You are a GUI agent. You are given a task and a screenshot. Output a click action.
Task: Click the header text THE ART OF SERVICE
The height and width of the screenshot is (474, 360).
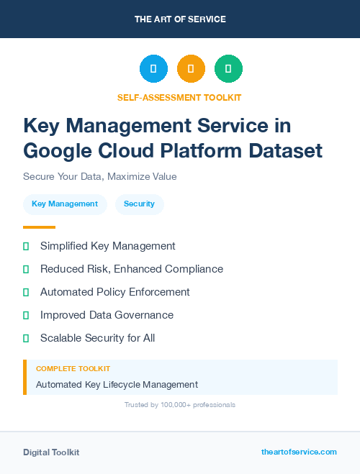tap(180, 19)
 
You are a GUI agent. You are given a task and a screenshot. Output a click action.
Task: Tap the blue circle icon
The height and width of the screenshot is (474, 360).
tap(153, 68)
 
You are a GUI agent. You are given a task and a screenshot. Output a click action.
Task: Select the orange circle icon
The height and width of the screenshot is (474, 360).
tap(191, 68)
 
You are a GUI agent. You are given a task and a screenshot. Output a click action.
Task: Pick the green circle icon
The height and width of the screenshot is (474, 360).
tap(228, 68)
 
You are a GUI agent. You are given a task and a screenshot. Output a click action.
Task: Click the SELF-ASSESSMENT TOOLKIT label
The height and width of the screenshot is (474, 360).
tap(179, 97)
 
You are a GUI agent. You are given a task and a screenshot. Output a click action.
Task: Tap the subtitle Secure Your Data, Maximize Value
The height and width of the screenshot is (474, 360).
tap(99, 176)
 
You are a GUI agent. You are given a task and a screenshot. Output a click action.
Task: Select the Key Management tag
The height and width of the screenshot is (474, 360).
tap(65, 204)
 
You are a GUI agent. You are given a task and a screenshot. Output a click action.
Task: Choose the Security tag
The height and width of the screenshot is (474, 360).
tap(139, 204)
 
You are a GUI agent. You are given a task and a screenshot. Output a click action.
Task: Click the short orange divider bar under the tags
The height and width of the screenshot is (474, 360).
tap(39, 227)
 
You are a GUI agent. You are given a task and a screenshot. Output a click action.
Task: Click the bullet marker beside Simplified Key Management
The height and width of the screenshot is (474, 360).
tap(26, 246)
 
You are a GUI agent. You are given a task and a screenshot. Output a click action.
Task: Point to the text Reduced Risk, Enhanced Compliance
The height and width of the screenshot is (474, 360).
tap(132, 269)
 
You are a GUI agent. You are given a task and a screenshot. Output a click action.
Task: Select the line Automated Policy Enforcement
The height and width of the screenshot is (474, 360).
tap(115, 292)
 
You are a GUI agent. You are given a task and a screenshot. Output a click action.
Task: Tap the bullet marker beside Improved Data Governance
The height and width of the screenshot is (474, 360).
tap(26, 315)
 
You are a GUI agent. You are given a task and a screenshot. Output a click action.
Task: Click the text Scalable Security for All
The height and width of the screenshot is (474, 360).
tap(97, 338)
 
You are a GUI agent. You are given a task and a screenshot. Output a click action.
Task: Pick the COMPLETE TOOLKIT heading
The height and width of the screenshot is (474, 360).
tap(73, 368)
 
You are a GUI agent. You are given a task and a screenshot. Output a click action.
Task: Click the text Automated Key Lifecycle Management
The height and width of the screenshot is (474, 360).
tap(117, 385)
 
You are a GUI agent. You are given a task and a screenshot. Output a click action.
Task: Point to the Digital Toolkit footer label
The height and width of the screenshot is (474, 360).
tap(51, 452)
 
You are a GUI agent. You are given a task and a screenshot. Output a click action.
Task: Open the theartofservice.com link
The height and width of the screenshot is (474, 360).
tap(299, 452)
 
